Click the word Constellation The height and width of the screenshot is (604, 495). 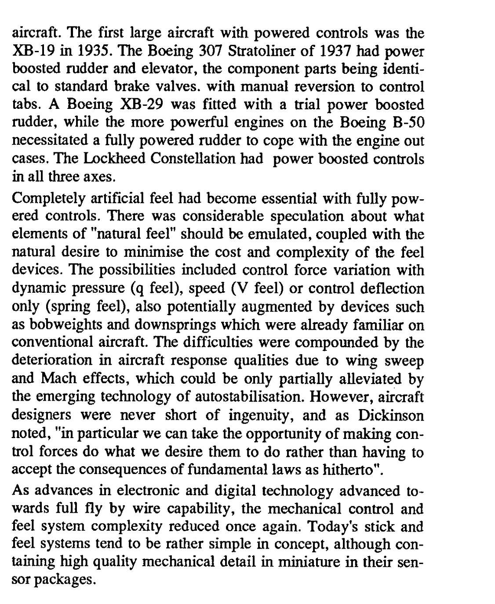(194, 159)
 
